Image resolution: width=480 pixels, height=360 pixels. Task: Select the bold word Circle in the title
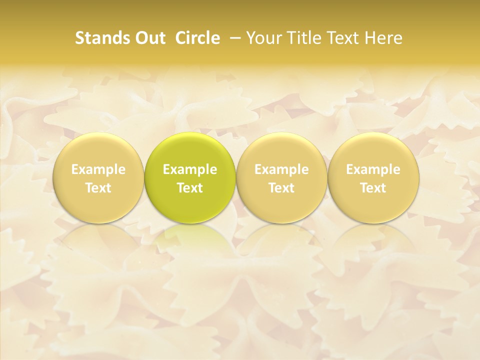tap(197, 38)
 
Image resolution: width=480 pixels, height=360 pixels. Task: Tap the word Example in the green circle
tap(190, 169)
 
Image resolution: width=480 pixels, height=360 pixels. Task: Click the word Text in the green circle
tap(190, 188)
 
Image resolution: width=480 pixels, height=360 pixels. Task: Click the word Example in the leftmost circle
tap(98, 169)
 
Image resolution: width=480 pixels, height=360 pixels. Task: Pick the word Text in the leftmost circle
tap(98, 188)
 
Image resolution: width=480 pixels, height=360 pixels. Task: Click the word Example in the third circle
tap(281, 169)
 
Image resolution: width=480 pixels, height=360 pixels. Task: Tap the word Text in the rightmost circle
tap(373, 188)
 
